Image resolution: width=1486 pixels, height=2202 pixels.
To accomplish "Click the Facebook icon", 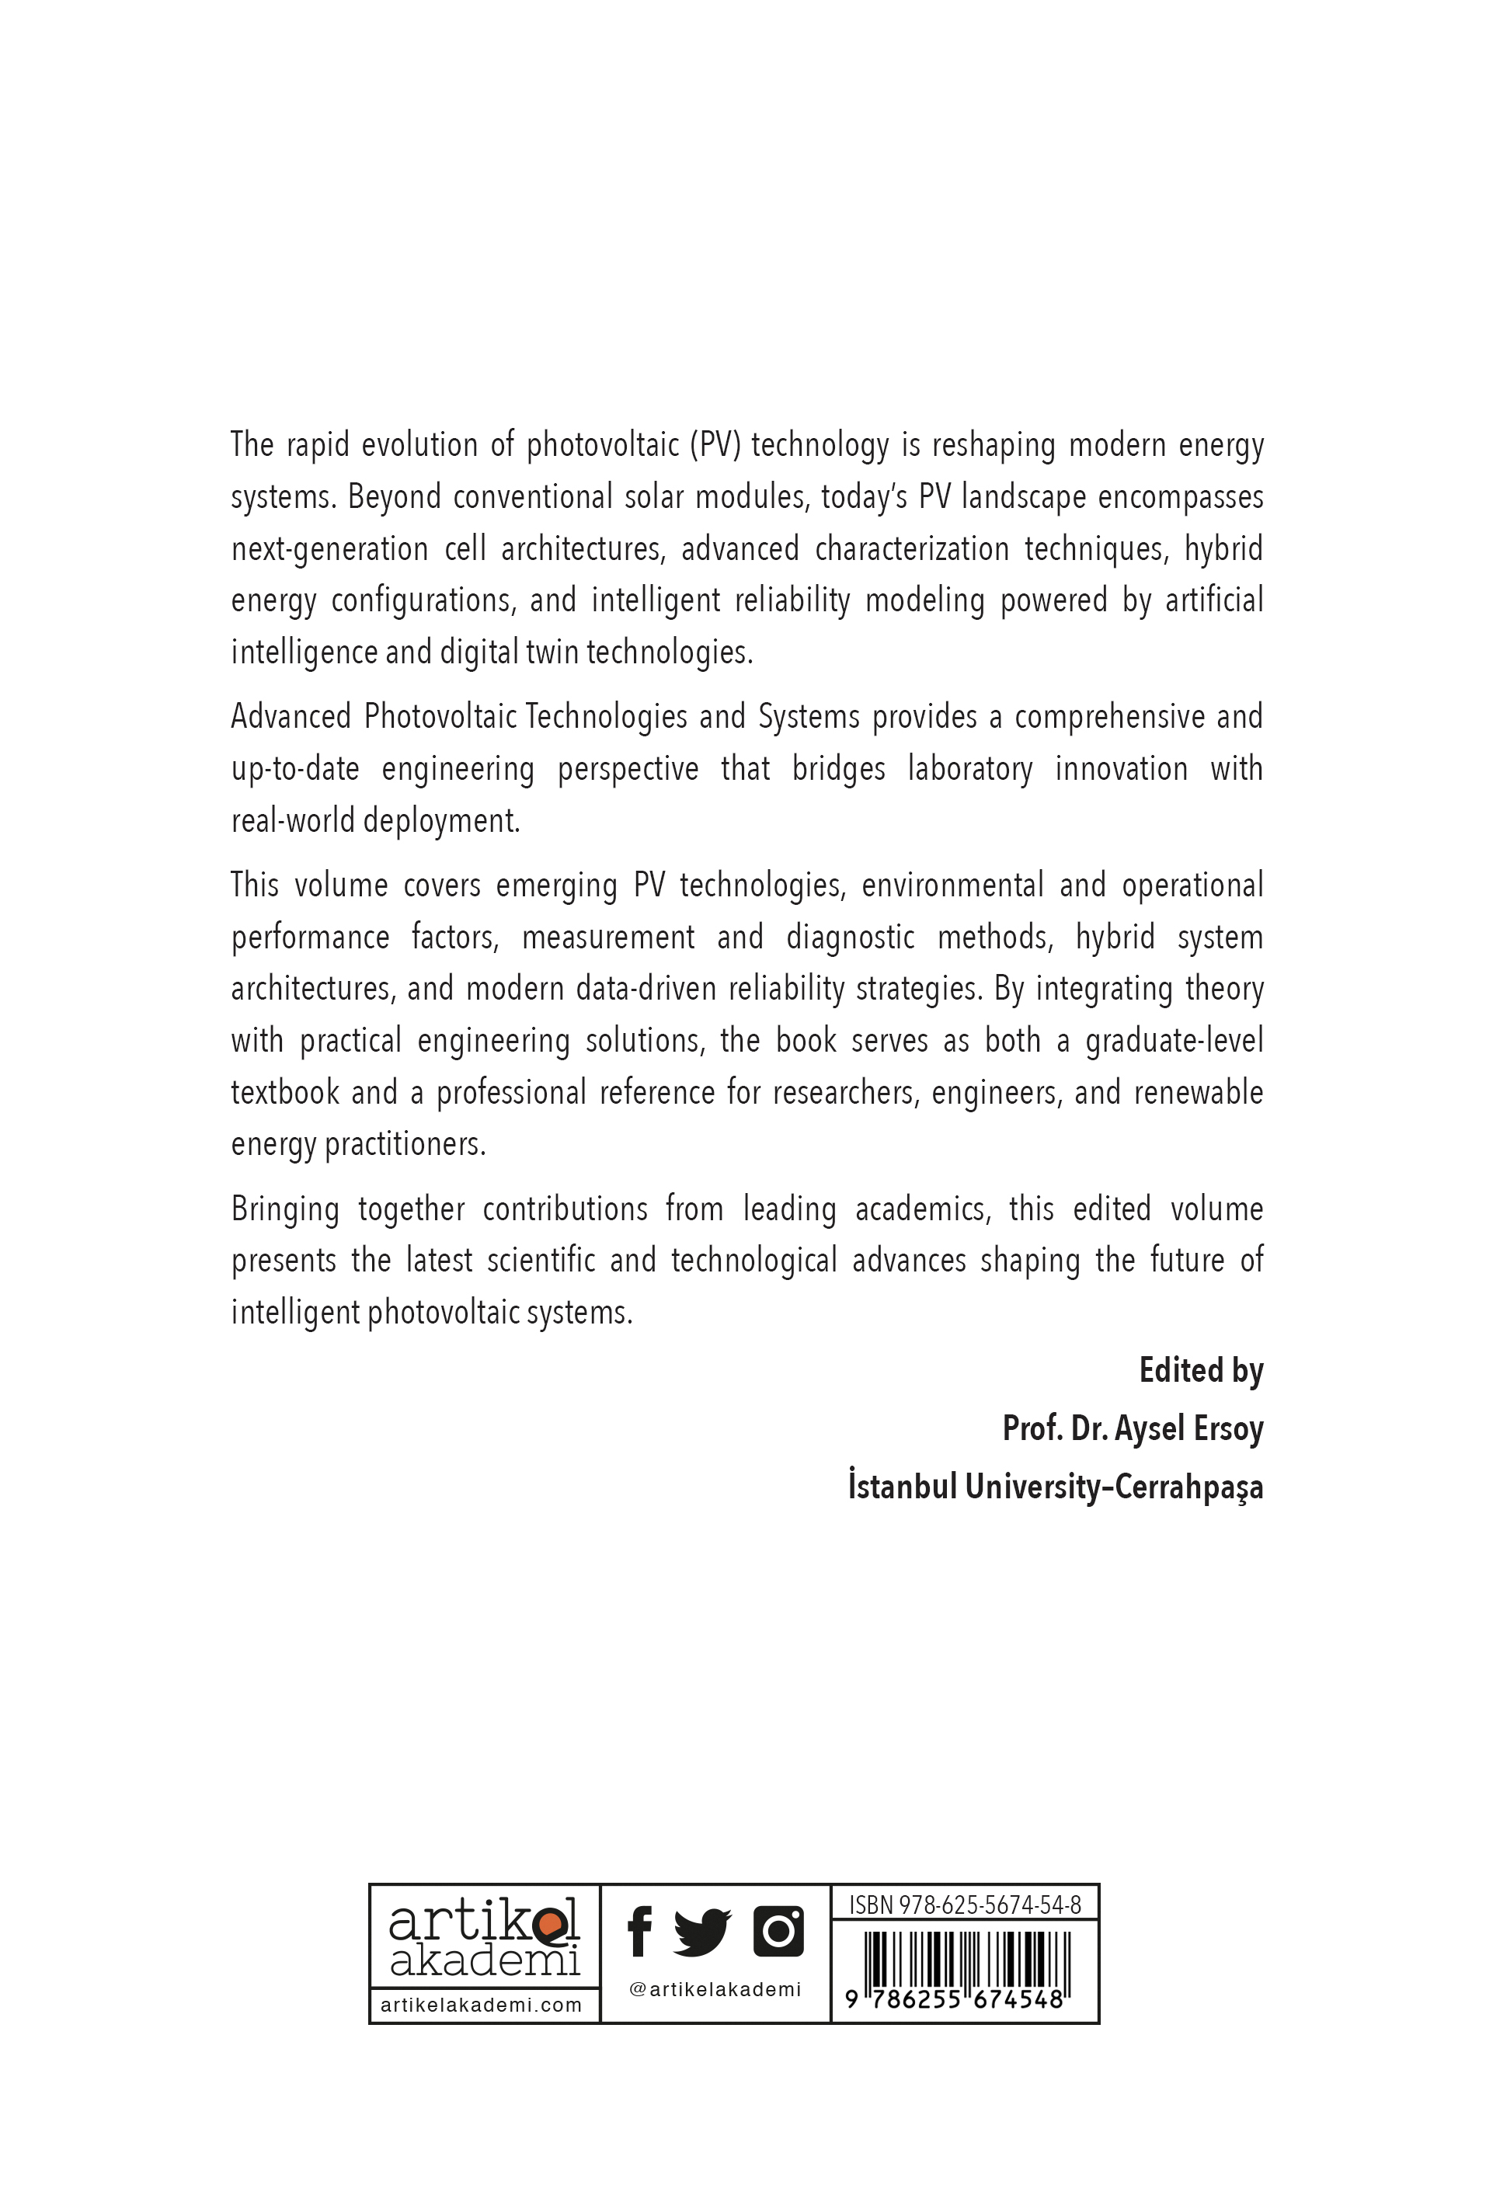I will pyautogui.click(x=640, y=1931).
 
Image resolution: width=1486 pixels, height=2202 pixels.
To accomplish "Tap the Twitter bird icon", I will pyautogui.click(x=701, y=1932).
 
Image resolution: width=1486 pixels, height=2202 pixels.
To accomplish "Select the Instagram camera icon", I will pyautogui.click(x=778, y=1931).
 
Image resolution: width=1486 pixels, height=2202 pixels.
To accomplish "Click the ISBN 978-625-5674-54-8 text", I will pyautogui.click(x=965, y=1905).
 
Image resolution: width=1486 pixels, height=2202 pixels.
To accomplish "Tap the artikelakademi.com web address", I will pyautogui.click(x=482, y=2005).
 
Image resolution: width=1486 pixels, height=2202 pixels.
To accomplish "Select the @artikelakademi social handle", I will pyautogui.click(x=715, y=1990).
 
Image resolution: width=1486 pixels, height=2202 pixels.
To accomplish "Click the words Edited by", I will pyautogui.click(x=1201, y=1371).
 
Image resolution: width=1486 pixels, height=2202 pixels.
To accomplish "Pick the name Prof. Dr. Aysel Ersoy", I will pyautogui.click(x=1133, y=1429).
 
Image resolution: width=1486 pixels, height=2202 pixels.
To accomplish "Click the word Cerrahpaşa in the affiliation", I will pyautogui.click(x=1188, y=1487).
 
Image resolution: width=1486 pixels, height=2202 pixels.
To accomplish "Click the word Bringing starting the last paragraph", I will pyautogui.click(x=285, y=1210).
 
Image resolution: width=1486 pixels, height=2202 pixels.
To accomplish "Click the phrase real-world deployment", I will pyautogui.click(x=375, y=820).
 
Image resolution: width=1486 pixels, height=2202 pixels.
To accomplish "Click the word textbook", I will pyautogui.click(x=284, y=1093).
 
